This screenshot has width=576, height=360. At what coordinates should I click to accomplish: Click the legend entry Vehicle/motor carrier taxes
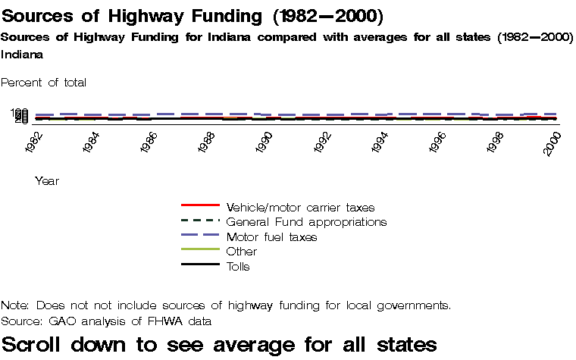pyautogui.click(x=300, y=207)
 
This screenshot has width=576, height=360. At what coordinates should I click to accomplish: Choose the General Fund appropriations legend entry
pyautogui.click(x=306, y=222)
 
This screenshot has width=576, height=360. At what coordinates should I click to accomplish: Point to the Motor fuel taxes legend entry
pyautogui.click(x=271, y=237)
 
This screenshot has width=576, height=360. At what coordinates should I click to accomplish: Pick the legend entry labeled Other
pyautogui.click(x=242, y=252)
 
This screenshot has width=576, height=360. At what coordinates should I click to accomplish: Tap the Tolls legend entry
pyautogui.click(x=238, y=267)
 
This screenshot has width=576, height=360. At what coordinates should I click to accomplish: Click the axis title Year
pyautogui.click(x=47, y=181)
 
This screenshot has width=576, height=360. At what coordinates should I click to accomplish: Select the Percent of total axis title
pyautogui.click(x=44, y=82)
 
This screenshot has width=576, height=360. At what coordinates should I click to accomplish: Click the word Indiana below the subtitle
pyautogui.click(x=22, y=55)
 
